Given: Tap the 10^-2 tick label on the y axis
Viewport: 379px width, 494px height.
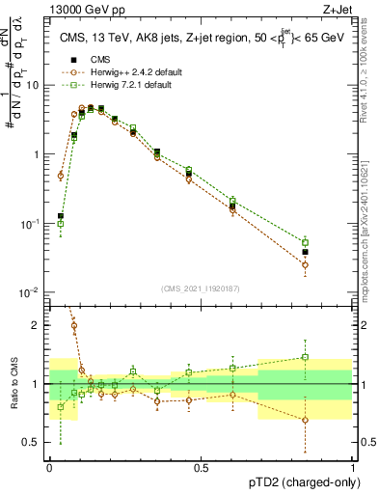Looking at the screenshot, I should (32, 292).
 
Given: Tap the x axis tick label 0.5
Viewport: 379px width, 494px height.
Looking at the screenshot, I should (201, 466).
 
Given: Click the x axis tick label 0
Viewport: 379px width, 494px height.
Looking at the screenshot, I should (49, 466).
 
